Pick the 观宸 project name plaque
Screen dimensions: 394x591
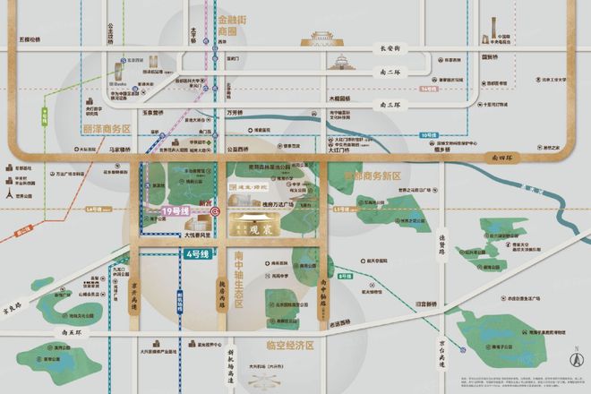tap(268, 229)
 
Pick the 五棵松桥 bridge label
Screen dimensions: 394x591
tap(30, 39)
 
